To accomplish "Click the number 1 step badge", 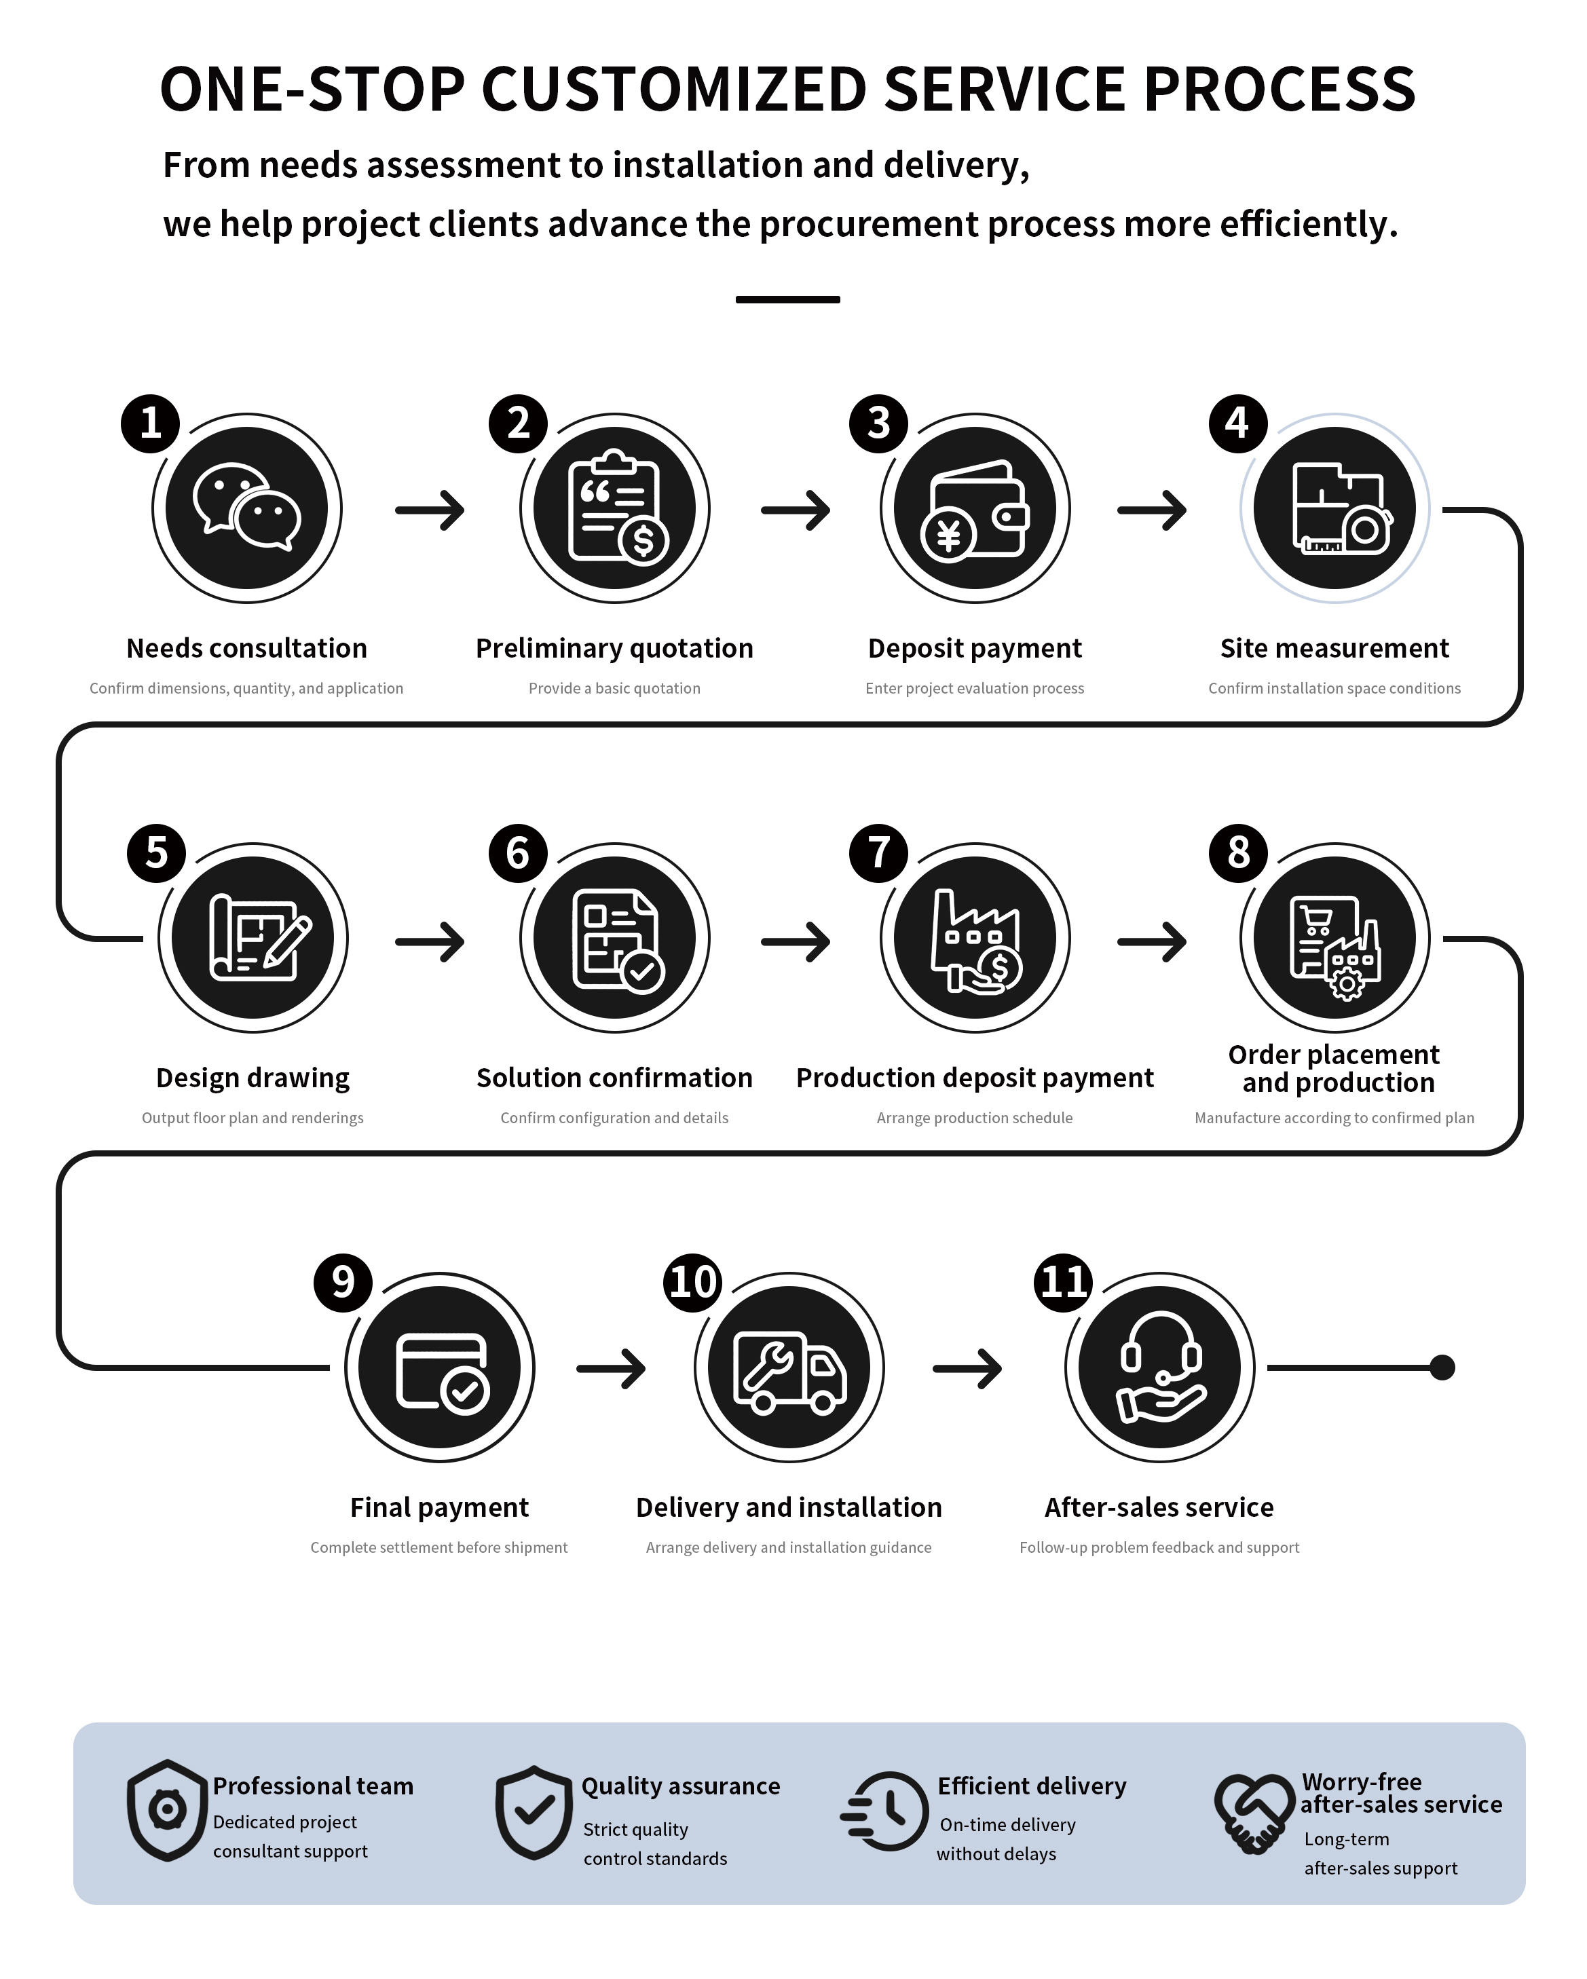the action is pos(151,423).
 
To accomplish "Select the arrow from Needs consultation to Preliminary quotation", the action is pos(430,510).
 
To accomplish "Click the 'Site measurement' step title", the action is pos(1334,648).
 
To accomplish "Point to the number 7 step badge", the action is pos(878,852).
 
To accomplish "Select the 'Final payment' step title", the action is pos(440,1507).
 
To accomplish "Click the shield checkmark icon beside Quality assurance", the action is pos(534,1812).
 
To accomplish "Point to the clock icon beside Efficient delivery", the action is pos(884,1810).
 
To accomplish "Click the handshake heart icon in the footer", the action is pos(1254,1813).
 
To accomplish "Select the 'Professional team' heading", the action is pos(313,1786).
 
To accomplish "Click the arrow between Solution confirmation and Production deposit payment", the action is pos(796,941).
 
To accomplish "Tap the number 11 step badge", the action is pos(1064,1282).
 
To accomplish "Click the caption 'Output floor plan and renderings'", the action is pos(253,1118).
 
